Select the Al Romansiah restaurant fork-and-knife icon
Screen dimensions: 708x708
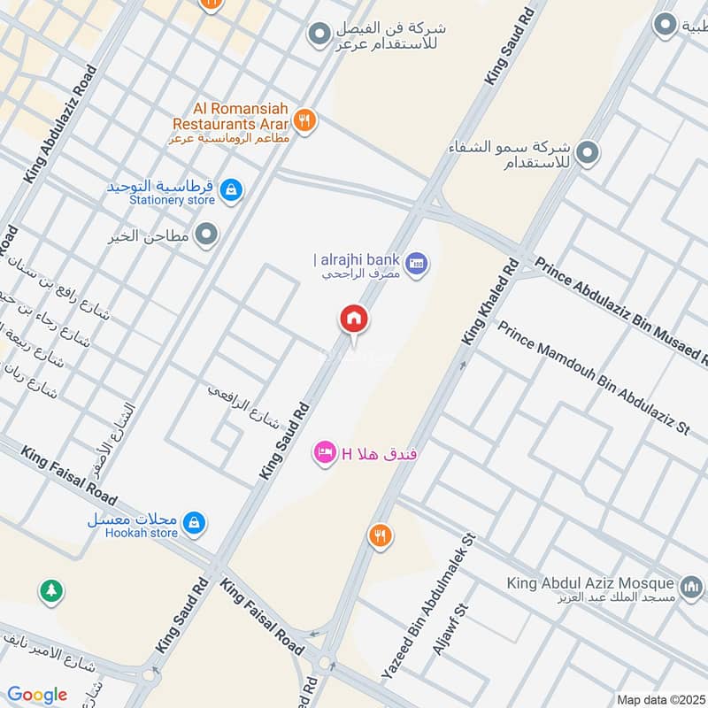(304, 120)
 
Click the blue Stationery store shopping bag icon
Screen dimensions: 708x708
(231, 190)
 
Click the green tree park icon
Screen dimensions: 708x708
(51, 589)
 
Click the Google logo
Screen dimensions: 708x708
(37, 695)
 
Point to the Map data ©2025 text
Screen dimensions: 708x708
(659, 699)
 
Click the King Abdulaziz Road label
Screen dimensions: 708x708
(60, 124)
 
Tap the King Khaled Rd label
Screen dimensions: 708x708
(489, 301)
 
